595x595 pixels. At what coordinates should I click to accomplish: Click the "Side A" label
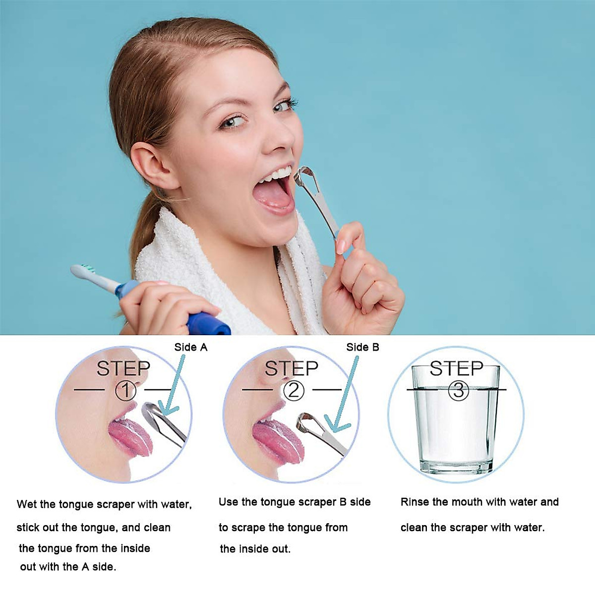click(190, 347)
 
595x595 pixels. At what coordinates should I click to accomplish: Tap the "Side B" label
click(362, 347)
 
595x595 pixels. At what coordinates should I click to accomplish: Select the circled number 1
click(125, 391)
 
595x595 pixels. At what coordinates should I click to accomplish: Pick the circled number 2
click(294, 391)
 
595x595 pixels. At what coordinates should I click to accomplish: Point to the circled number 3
click(458, 391)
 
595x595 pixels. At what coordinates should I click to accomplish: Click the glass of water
click(456, 426)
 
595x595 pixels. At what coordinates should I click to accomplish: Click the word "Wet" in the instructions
click(27, 504)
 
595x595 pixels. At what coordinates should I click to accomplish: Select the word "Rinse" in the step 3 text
click(415, 502)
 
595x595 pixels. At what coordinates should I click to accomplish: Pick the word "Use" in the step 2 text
click(228, 502)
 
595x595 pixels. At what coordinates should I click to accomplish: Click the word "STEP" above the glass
click(456, 368)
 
